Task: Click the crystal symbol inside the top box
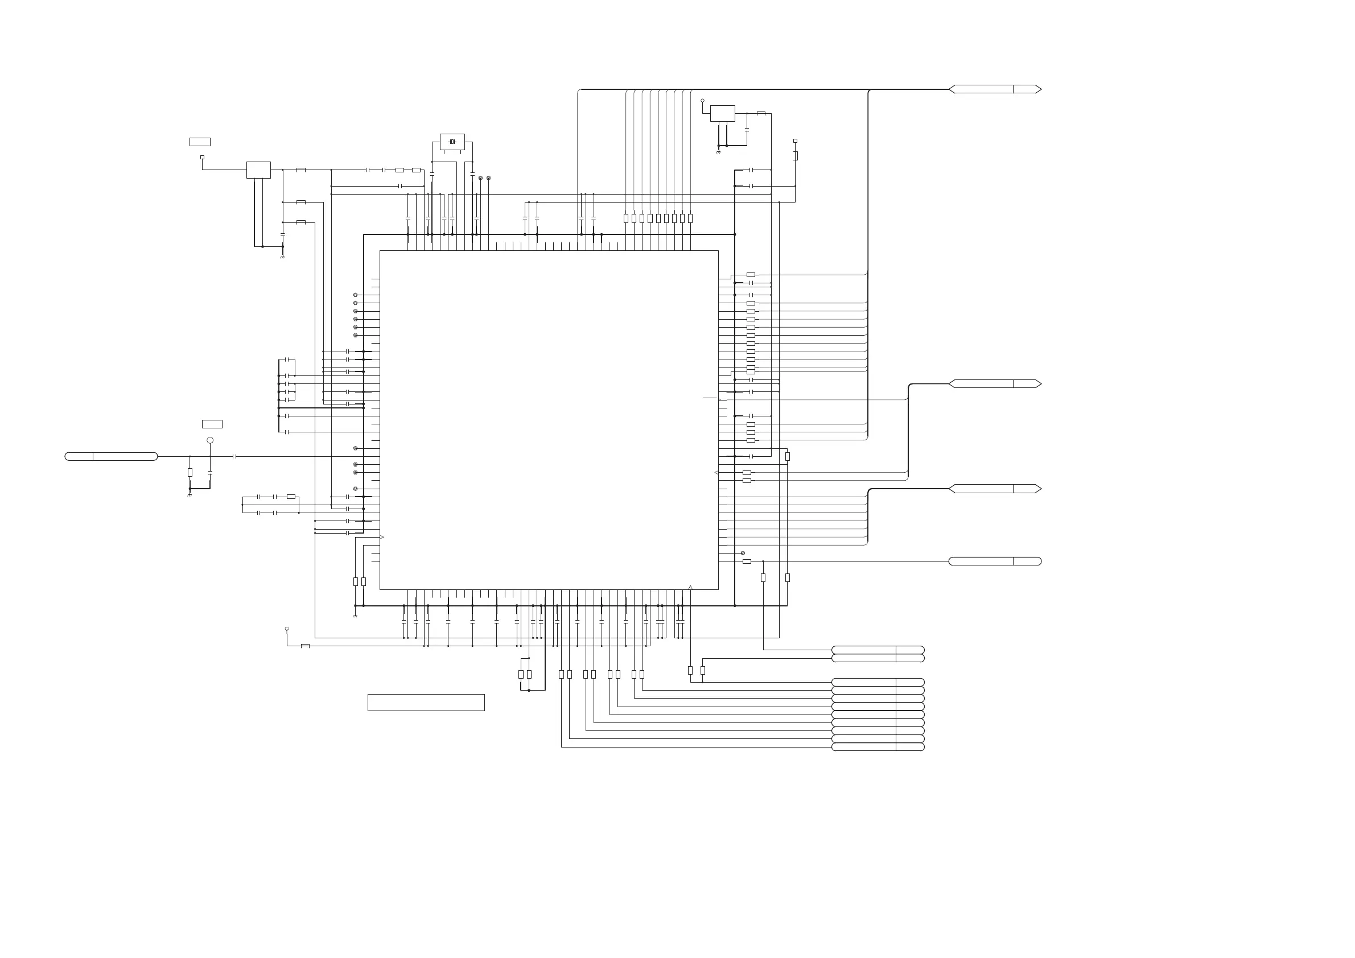[x=452, y=142]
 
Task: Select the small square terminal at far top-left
[x=203, y=158]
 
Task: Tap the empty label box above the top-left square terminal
[x=200, y=142]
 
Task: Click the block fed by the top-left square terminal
[x=258, y=170]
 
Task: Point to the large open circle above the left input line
[x=210, y=440]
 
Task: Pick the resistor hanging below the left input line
[x=190, y=473]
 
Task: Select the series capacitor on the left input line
[x=235, y=457]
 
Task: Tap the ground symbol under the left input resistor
[x=190, y=494]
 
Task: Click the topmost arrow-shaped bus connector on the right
[x=994, y=89]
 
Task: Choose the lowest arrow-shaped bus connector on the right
[x=994, y=489]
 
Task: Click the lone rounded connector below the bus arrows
[x=994, y=561]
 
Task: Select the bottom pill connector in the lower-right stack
[x=878, y=748]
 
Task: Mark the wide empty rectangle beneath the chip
[x=426, y=703]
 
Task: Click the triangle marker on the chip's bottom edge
[x=690, y=587]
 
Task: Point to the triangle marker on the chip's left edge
[x=382, y=537]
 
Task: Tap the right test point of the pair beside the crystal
[x=489, y=177]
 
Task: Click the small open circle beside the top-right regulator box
[x=702, y=101]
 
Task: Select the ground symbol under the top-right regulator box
[x=718, y=152]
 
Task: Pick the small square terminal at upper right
[x=795, y=141]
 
